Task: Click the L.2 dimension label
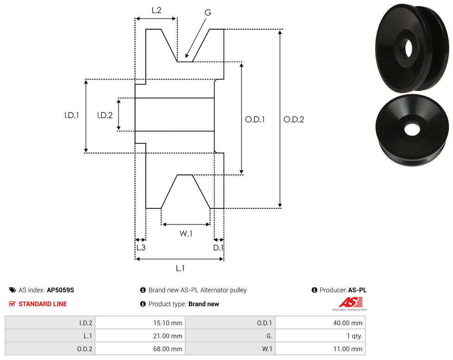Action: (156, 10)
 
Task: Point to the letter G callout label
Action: (207, 13)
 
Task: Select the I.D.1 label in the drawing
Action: (71, 116)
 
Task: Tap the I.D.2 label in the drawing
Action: (105, 116)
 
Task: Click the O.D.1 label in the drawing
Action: (255, 119)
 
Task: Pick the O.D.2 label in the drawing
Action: (294, 119)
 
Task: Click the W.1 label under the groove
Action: (186, 233)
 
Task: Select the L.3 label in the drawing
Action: (141, 248)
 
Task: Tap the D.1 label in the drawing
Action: (218, 248)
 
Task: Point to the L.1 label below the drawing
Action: (180, 268)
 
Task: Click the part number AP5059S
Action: (60, 290)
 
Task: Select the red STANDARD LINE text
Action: (43, 304)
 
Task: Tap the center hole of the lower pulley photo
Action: (411, 129)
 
